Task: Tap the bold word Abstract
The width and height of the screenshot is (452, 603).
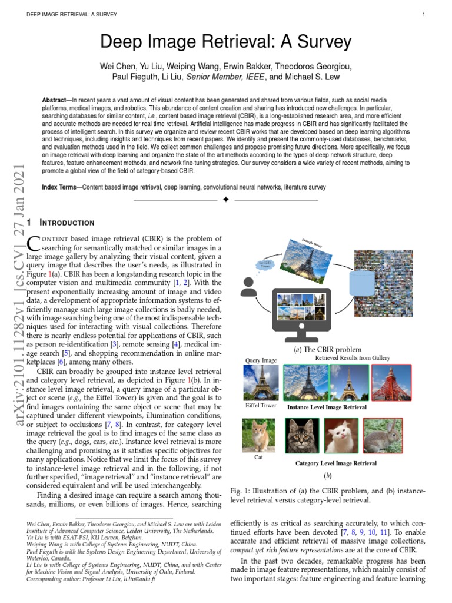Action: (55, 101)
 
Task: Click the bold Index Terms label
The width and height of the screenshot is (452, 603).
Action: (61, 187)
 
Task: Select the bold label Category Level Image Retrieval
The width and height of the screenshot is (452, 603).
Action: (335, 463)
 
